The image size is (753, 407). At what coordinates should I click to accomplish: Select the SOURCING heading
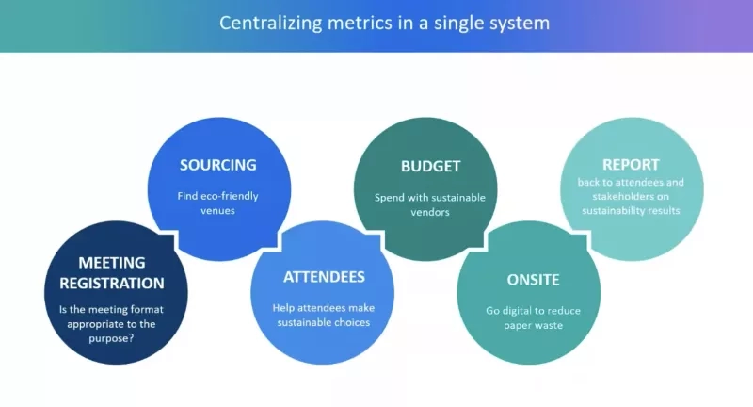[x=218, y=165]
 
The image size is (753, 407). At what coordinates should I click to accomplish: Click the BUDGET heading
[x=430, y=167]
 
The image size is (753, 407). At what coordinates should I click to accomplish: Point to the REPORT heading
[x=631, y=164]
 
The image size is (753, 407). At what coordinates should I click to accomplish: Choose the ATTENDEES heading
[x=324, y=277]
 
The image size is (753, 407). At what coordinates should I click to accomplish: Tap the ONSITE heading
[x=533, y=280]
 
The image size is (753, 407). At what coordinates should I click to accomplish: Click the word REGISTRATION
[x=112, y=283]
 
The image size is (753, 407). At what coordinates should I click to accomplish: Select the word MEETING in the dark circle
[x=111, y=262]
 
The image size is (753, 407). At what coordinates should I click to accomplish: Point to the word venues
[x=217, y=212]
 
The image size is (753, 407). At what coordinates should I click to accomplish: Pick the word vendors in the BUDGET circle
[x=430, y=213]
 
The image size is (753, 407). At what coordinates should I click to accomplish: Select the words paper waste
[x=533, y=327]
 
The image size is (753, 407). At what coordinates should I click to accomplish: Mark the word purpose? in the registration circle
[x=111, y=337]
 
